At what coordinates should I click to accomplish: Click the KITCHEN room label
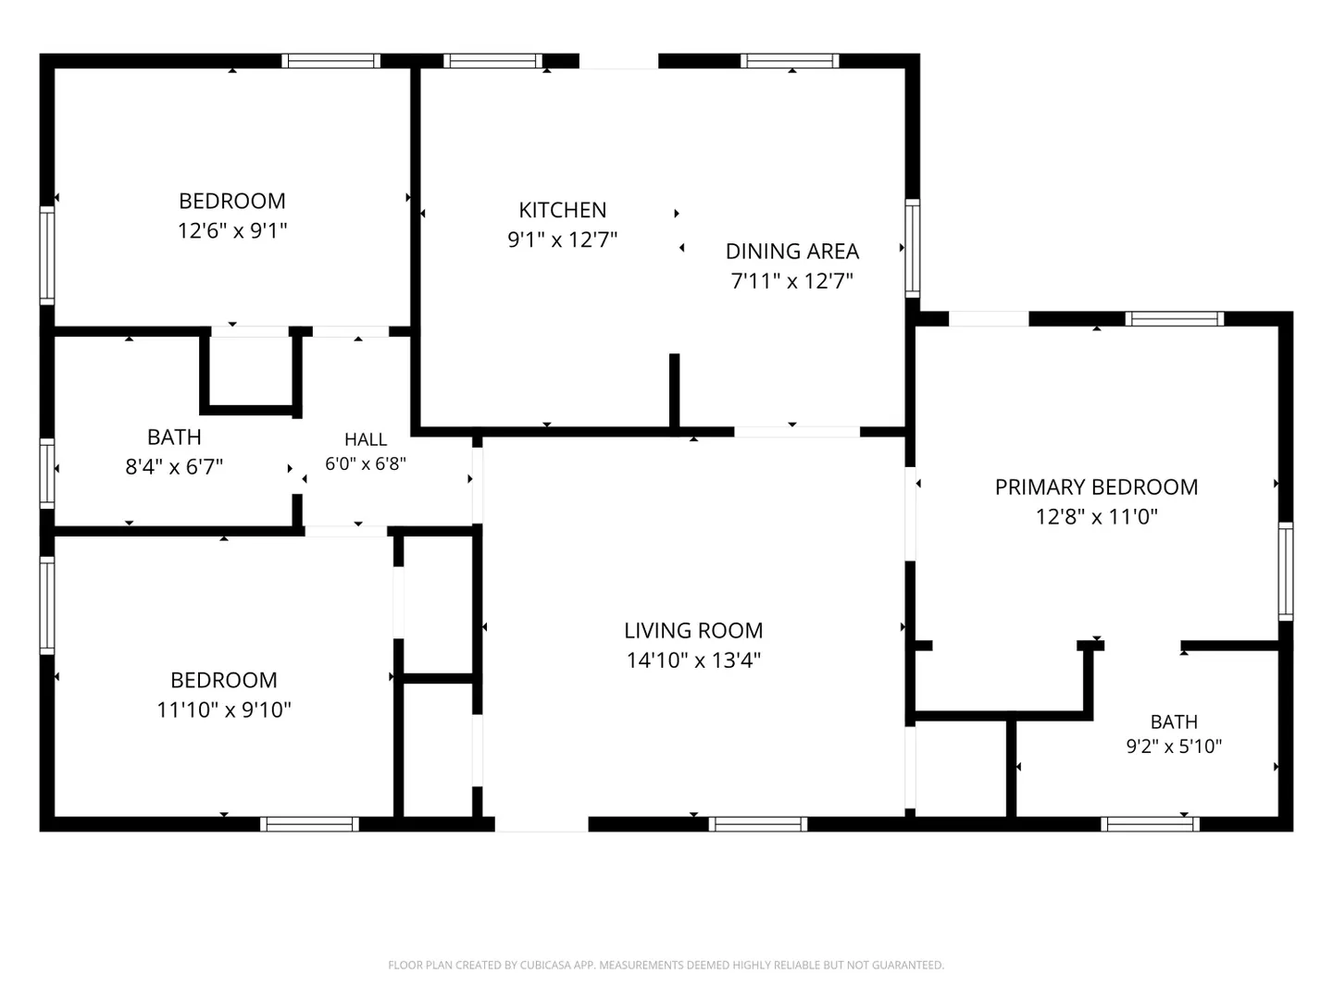(x=562, y=210)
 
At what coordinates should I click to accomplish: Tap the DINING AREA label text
(x=791, y=251)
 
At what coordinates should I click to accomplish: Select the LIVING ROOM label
(x=693, y=630)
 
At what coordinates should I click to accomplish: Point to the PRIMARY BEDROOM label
(x=1096, y=487)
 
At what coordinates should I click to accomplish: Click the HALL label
(x=366, y=439)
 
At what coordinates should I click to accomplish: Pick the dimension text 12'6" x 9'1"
(x=232, y=230)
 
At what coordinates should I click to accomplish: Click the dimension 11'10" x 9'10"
(x=224, y=709)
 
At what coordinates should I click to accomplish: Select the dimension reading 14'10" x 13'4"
(x=693, y=660)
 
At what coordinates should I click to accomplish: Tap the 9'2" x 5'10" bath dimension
(x=1174, y=746)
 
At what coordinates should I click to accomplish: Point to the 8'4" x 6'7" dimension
(x=174, y=467)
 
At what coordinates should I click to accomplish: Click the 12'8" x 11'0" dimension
(x=1096, y=517)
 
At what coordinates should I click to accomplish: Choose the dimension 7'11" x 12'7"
(x=791, y=281)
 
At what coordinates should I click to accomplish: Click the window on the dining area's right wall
(x=912, y=248)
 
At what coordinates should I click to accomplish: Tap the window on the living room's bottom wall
(x=758, y=823)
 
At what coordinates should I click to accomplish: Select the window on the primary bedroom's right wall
(x=1286, y=572)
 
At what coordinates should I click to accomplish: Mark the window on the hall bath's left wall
(x=47, y=474)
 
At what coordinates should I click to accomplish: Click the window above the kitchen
(x=492, y=61)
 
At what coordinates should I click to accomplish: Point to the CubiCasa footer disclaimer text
(x=666, y=965)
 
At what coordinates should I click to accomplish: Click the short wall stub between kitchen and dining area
(x=674, y=392)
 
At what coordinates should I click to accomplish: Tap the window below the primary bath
(x=1151, y=823)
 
